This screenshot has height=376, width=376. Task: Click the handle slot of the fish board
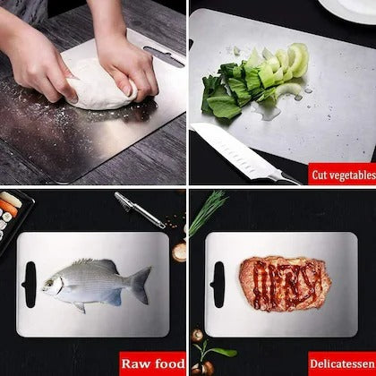(x=30, y=280)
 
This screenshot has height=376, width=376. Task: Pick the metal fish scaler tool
(x=139, y=209)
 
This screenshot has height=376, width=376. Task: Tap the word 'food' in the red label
(x=167, y=363)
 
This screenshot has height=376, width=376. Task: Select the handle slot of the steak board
(x=218, y=278)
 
